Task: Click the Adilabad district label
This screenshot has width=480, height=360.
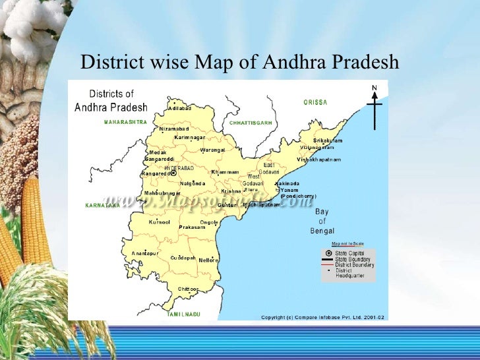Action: click(179, 108)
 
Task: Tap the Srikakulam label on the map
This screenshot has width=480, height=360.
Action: click(328, 140)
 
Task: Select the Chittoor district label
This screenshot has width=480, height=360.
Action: click(188, 289)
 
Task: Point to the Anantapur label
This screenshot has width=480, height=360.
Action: click(145, 253)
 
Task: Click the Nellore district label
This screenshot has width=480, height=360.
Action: click(208, 260)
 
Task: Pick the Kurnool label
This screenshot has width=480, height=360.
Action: click(160, 222)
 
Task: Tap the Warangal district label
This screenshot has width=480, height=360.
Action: click(213, 150)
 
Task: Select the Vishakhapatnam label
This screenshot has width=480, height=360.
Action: click(319, 160)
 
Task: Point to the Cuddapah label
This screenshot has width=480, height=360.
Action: click(183, 257)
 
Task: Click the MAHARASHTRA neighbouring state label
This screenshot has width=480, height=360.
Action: click(125, 122)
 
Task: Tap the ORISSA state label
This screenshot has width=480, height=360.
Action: click(315, 102)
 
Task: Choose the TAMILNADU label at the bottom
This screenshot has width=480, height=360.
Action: click(183, 315)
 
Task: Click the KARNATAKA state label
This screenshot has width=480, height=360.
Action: click(103, 205)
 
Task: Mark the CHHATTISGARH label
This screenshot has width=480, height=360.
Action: click(251, 123)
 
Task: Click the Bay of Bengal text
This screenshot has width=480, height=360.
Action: click(322, 222)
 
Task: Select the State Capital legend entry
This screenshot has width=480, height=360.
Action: click(349, 253)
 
